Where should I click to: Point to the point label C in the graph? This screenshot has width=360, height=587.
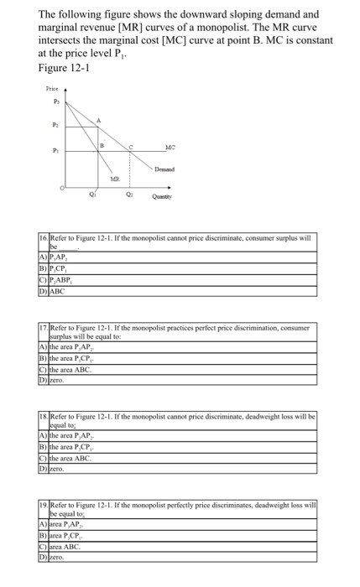click(130, 146)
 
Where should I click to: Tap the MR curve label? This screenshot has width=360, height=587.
click(115, 179)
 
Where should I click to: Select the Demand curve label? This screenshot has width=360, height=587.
click(175, 169)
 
